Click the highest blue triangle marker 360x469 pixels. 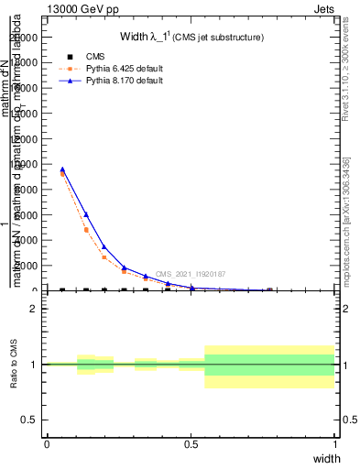pyautogui.click(x=62, y=169)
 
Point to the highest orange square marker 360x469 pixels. pyautogui.click(x=62, y=173)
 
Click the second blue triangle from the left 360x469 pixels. pyautogui.click(x=86, y=214)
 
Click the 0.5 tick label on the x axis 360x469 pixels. pyautogui.click(x=191, y=444)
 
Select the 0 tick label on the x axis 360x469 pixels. pyautogui.click(x=47, y=444)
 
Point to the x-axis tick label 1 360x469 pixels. pyautogui.click(x=335, y=444)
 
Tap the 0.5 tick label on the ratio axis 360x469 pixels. pyautogui.click(x=29, y=420)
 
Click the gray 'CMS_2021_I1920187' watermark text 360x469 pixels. pyautogui.click(x=190, y=274)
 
